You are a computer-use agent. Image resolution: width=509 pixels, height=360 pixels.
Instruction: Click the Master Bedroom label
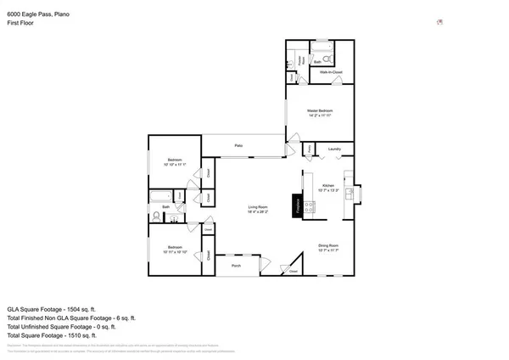pyautogui.click(x=320, y=113)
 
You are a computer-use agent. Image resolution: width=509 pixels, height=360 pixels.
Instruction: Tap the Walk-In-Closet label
pyautogui.click(x=331, y=74)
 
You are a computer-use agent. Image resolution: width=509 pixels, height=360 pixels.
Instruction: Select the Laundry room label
pyautogui.click(x=334, y=149)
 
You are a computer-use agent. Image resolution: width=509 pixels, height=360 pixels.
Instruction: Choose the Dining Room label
pyautogui.click(x=327, y=248)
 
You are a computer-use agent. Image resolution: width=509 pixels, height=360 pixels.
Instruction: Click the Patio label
pyautogui.click(x=239, y=146)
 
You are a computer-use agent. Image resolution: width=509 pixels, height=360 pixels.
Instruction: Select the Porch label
pyautogui.click(x=236, y=266)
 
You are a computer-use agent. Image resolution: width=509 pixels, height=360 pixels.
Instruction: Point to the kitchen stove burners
pyautogui.click(x=309, y=205)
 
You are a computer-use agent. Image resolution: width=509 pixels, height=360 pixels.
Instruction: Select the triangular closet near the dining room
pyautogui.click(x=294, y=267)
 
